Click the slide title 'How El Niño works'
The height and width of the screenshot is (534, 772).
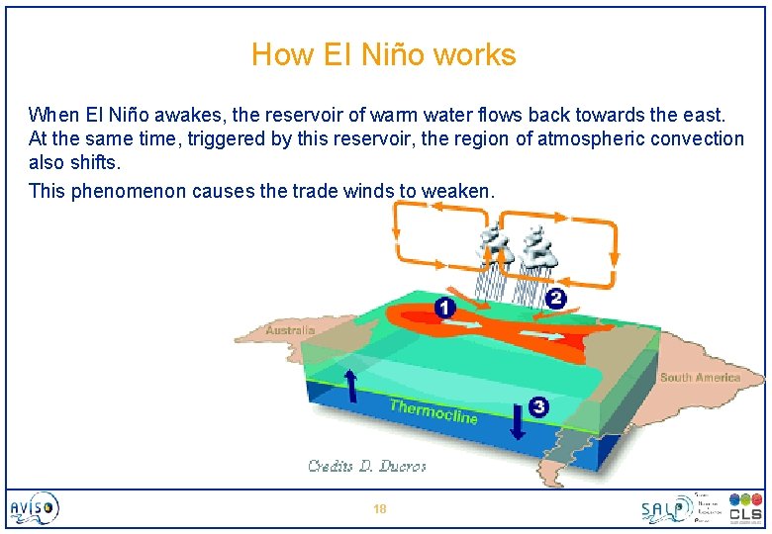coord(384,54)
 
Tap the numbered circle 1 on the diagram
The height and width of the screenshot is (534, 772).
coord(445,309)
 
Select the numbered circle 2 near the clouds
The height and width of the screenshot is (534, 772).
coord(555,298)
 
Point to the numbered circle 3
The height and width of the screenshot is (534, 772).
coord(537,405)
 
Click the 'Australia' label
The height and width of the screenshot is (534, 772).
coord(290,330)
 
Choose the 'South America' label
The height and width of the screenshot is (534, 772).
coord(700,378)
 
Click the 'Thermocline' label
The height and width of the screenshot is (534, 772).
coord(434,410)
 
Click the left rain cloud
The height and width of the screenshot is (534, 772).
coord(492,246)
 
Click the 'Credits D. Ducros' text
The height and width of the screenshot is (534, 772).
coord(366,466)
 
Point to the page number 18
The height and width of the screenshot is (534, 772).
coord(379,509)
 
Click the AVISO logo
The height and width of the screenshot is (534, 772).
coord(36,508)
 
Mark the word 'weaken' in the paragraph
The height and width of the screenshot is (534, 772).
coord(455,191)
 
